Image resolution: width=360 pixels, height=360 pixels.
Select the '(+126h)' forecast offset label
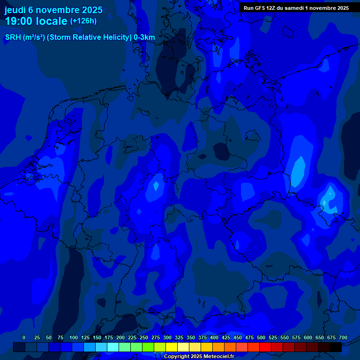(83, 21)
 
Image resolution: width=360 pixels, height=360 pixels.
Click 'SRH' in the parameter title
(13, 37)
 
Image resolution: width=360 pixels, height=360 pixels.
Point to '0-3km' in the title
(144, 37)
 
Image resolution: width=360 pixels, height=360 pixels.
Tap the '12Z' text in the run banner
(274, 8)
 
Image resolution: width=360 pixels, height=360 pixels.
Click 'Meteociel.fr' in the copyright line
(217, 356)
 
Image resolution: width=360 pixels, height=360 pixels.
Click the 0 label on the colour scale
(24, 337)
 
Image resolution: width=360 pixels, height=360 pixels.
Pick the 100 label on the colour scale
(74, 337)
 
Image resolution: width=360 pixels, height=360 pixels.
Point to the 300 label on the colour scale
(167, 337)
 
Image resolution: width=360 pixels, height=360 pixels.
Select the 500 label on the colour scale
(261, 337)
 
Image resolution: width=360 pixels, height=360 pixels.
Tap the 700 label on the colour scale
(343, 337)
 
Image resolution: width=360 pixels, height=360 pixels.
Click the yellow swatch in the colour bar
(172, 347)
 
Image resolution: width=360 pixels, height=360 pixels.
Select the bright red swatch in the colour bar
(265, 347)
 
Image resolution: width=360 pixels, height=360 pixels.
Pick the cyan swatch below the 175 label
(113, 347)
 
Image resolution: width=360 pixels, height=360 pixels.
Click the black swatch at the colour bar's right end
(336, 347)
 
